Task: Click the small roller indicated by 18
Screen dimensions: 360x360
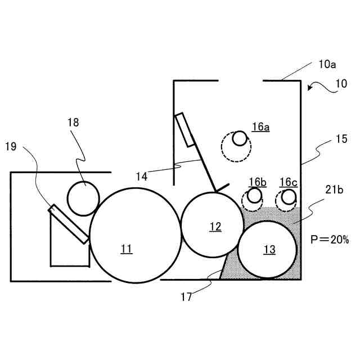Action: [x=83, y=199]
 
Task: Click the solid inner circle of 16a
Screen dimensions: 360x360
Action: [x=240, y=138]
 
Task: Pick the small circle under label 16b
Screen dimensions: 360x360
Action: [x=254, y=196]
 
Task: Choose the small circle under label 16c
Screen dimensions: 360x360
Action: [x=289, y=196]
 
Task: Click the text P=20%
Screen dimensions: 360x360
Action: [x=330, y=239]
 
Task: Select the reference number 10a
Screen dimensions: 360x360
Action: [x=327, y=65]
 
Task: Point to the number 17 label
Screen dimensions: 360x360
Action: [x=186, y=297]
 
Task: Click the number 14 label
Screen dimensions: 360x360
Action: [x=142, y=176]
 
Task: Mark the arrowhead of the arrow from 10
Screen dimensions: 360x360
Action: [x=309, y=88]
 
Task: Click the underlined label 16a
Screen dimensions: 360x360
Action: [x=260, y=127]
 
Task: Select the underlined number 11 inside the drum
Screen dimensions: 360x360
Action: [x=127, y=249]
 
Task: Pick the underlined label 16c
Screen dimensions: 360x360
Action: [x=288, y=182]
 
